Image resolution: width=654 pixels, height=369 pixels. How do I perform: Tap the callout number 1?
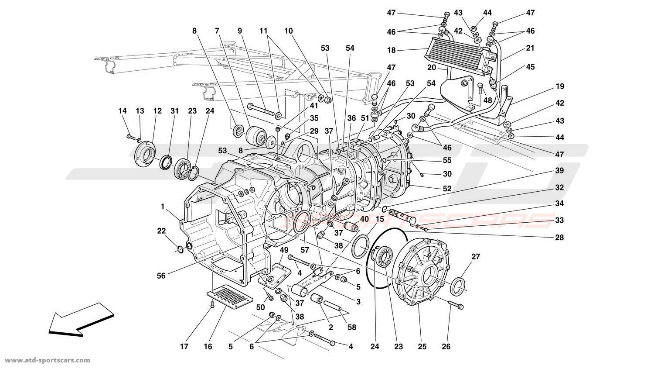[x=163, y=207]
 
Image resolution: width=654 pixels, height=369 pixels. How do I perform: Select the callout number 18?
[x=392, y=50]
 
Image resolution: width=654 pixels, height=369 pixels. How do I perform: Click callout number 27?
[x=475, y=257]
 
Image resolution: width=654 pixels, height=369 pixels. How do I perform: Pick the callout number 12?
[x=157, y=111]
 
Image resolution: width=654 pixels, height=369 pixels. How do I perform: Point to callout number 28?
[x=559, y=238]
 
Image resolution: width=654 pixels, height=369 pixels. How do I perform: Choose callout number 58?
[x=352, y=327]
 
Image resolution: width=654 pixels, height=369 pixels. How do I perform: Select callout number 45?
[x=530, y=67]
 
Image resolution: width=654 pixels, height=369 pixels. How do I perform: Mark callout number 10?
[x=288, y=31]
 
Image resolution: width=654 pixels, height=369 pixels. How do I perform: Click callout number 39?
[x=559, y=170]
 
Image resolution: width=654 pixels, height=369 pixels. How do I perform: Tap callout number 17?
[x=184, y=347]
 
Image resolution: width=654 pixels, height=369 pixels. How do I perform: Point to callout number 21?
[x=530, y=48]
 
